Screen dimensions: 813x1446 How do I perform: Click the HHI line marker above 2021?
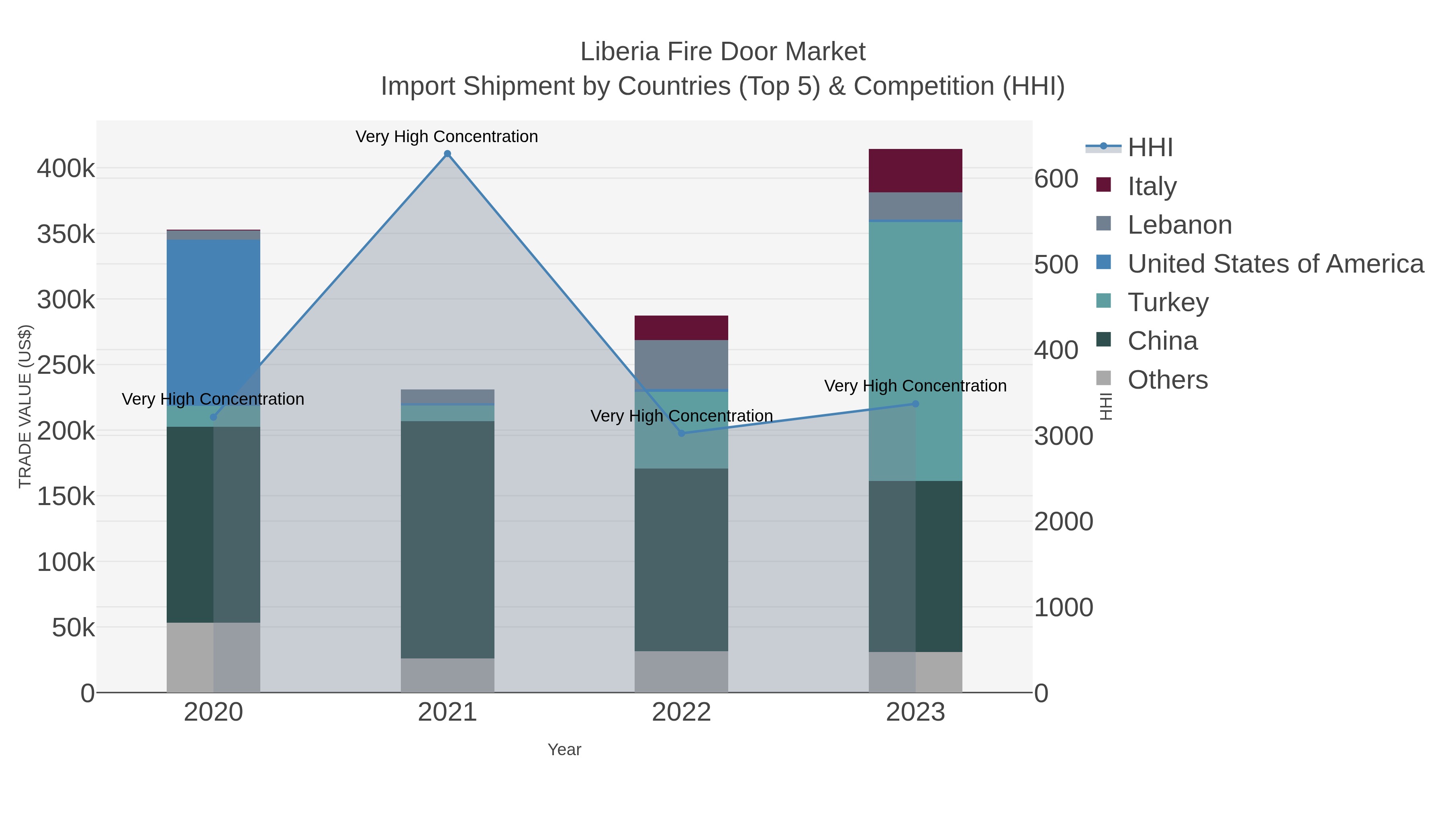(447, 154)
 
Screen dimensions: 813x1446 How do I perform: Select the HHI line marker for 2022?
(682, 433)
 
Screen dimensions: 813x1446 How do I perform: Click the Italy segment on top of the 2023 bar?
(915, 171)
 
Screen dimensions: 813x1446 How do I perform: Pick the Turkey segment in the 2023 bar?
(915, 348)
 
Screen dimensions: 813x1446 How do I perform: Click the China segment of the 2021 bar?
(447, 539)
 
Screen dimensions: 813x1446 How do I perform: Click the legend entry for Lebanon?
(1179, 225)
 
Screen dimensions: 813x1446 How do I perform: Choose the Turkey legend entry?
(1168, 302)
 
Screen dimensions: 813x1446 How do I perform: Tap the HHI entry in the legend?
(1150, 148)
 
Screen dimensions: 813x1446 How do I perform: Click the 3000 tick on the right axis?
(1063, 436)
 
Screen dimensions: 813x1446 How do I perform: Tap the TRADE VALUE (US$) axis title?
(25, 406)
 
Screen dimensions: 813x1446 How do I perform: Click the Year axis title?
(564, 750)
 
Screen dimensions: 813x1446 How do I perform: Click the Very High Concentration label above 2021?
(447, 137)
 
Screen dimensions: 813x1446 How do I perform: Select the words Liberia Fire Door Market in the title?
(723, 52)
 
